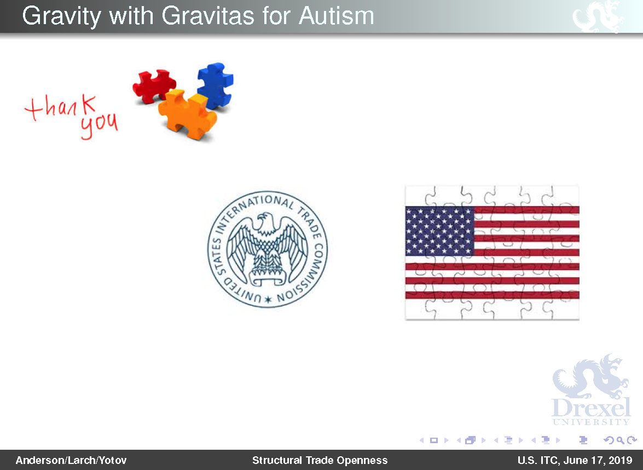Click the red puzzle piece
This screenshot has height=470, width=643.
153,85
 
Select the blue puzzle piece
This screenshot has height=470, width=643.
215,85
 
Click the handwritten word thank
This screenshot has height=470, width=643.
61,107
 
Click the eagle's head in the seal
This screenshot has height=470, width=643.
265,220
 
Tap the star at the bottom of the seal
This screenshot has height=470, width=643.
268,299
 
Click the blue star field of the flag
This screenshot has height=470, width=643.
439,231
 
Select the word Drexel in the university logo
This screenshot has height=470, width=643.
591,407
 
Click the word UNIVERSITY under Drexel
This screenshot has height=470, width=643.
591,422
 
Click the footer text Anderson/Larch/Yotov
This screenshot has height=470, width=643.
71,461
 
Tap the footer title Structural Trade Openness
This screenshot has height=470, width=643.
320,461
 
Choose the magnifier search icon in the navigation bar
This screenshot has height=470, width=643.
621,440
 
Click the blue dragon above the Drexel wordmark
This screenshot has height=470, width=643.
590,376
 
